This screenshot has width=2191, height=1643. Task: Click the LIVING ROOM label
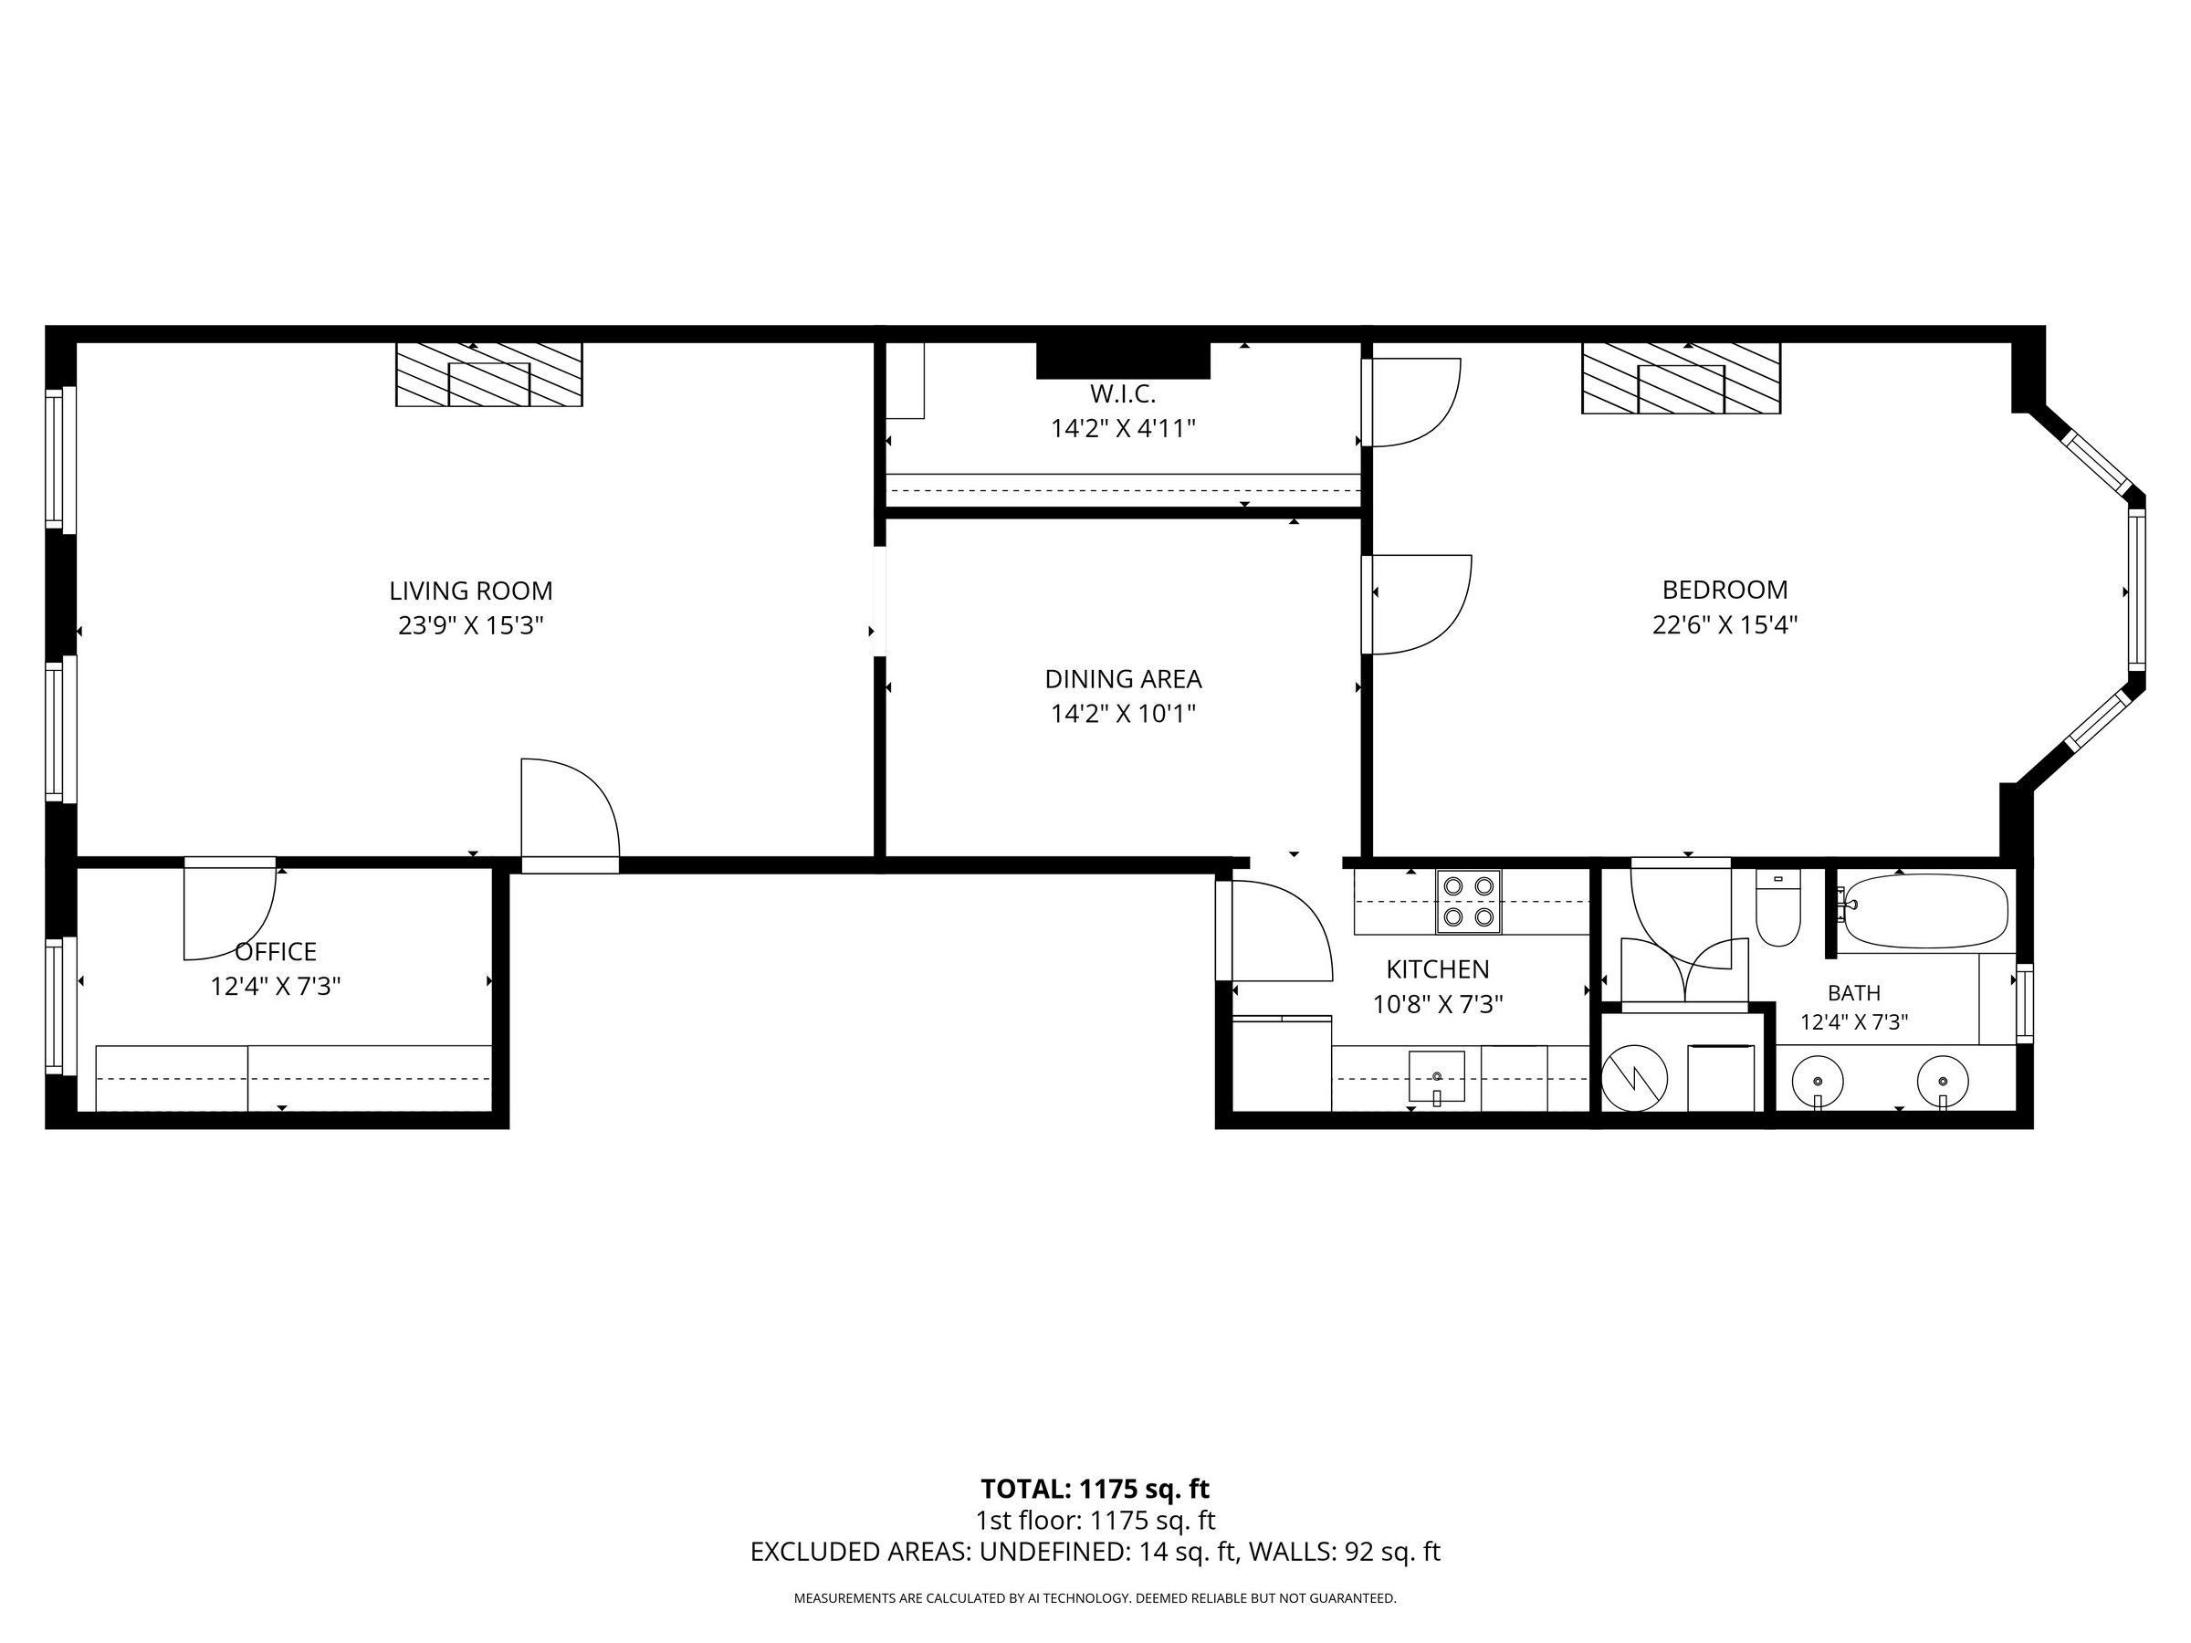[470, 591]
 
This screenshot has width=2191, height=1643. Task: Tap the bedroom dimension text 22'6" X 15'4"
[1724, 625]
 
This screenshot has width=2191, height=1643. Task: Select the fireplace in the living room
[489, 374]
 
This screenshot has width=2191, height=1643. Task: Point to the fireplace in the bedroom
[1681, 377]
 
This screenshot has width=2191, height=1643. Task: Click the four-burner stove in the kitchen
[1468, 901]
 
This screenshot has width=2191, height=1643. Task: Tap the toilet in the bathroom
[1778, 907]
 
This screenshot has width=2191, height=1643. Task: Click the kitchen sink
[1436, 1076]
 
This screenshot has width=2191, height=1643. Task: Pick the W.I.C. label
[1123, 394]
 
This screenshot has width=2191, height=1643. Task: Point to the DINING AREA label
[1123, 679]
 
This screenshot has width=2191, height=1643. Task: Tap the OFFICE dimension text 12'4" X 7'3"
[276, 987]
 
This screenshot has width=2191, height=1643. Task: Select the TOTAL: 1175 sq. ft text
[1095, 1490]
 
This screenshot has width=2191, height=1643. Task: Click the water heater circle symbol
[1634, 1077]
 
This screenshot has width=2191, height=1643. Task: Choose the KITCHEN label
[1437, 969]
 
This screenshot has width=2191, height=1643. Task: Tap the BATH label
[1854, 992]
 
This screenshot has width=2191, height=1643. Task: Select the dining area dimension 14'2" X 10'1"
[1123, 714]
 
